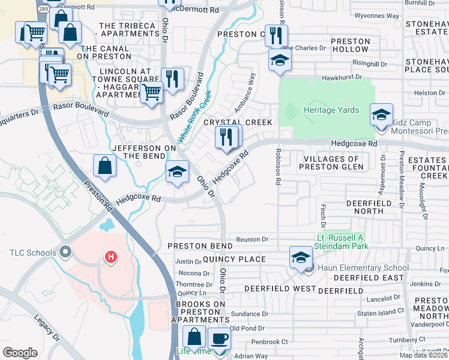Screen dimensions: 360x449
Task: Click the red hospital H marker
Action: click(x=110, y=257)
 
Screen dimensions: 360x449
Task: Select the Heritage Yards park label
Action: click(x=331, y=110)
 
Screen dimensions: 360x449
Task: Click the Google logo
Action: click(x=20, y=353)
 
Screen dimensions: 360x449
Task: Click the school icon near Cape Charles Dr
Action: click(x=279, y=60)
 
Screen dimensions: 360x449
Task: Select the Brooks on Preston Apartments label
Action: click(x=200, y=312)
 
